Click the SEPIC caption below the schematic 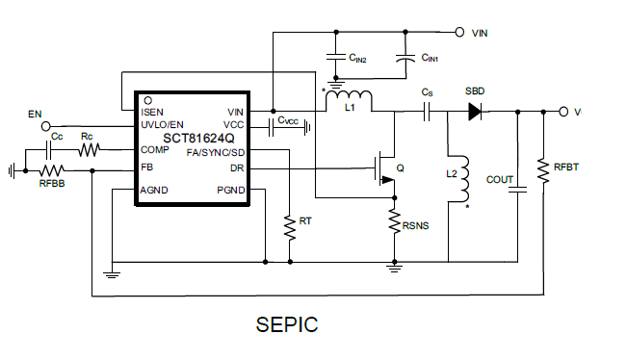(x=287, y=324)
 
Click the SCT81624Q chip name (x=193, y=137)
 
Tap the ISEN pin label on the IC (x=155, y=112)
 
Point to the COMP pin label (x=157, y=149)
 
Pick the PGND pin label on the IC (x=231, y=190)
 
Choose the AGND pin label (x=157, y=190)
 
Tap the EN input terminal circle (x=45, y=126)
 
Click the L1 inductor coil (x=349, y=96)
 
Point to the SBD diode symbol (x=474, y=112)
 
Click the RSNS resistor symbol (x=393, y=222)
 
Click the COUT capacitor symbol (x=520, y=189)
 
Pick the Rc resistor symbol (x=89, y=150)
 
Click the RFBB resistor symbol (x=51, y=170)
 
